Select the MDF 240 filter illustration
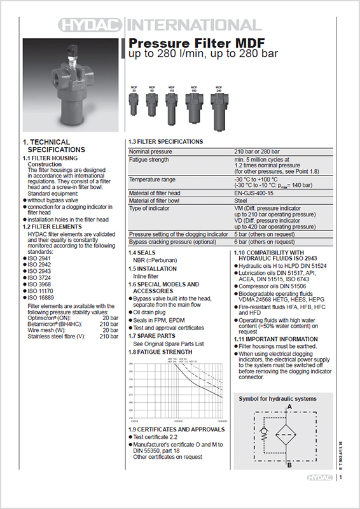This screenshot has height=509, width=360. click(219, 106)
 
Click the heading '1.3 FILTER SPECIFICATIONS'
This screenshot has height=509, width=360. click(166, 141)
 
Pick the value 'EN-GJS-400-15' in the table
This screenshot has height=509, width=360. click(253, 193)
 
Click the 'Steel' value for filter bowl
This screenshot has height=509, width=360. click(241, 201)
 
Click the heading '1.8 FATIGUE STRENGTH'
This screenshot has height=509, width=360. click(160, 352)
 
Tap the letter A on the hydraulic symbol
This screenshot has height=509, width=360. click(289, 406)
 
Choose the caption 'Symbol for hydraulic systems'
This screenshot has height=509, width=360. click(277, 398)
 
